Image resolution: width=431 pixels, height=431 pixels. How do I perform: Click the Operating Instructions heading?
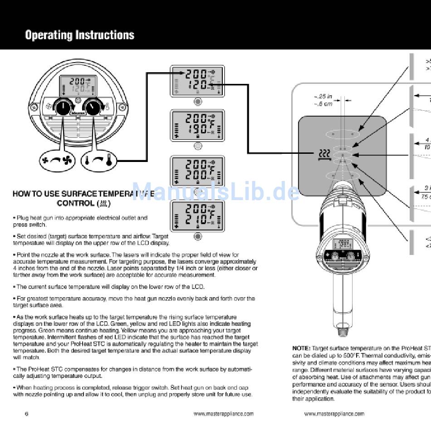point(79,35)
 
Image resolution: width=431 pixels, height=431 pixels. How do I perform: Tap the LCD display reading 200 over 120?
point(197,80)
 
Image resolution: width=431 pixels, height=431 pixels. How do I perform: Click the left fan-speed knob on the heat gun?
point(64,107)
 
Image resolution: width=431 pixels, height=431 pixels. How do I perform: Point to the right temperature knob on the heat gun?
point(93,107)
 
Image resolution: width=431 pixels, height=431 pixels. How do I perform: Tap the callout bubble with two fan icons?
point(57,160)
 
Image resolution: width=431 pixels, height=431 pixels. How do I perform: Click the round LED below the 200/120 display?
point(198,101)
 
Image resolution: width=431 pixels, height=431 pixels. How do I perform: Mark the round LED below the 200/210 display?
point(198,236)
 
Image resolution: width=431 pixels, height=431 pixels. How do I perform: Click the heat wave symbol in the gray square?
point(323,155)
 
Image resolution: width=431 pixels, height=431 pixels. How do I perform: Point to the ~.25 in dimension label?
point(323,97)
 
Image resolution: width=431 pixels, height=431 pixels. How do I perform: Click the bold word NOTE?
point(301,348)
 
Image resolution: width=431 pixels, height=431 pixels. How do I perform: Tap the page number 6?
point(26,401)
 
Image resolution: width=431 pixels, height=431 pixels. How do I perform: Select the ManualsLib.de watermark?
point(215,191)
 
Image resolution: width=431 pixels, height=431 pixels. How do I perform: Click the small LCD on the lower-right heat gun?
point(343,244)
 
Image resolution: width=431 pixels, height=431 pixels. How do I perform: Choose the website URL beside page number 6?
point(223,401)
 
